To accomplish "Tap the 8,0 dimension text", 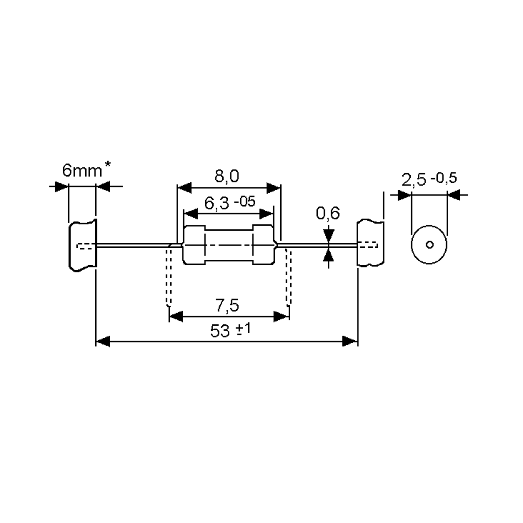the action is pos(227,176).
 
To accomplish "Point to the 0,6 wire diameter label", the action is pos(328,213).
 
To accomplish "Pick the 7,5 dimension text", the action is pos(227,305).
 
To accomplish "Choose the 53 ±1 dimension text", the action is pos(231,330).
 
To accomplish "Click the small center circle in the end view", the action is pos(430,245).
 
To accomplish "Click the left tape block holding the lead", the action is pos(83,246).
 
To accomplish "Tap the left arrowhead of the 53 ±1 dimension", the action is pos(103,341).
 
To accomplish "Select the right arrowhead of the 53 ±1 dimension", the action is pos(350,341).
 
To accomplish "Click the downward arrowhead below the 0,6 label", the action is pos(328,236).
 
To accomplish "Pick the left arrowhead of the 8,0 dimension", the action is pos(184,188).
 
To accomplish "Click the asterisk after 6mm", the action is pos(107,164).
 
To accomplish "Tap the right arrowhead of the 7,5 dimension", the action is pos(282,316).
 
